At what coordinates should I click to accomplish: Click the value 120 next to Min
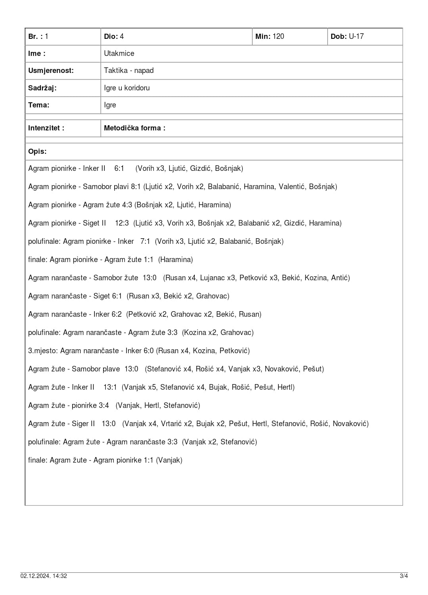(x=278, y=36)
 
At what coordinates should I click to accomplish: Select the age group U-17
(x=356, y=36)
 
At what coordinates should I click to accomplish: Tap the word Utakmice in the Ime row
(x=119, y=54)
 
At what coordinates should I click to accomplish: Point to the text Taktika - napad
(x=129, y=71)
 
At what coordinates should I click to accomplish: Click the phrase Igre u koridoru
(x=127, y=88)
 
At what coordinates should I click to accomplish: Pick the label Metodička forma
(x=134, y=128)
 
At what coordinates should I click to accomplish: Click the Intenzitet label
(x=46, y=128)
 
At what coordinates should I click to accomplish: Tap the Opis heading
(x=37, y=151)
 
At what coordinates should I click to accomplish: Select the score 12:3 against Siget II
(x=122, y=223)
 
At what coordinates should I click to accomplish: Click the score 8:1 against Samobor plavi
(x=136, y=187)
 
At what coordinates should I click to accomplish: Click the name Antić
(x=340, y=278)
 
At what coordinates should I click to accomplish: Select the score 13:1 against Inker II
(x=110, y=387)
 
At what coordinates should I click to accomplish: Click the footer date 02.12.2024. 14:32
(x=44, y=576)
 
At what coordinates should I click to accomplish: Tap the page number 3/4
(x=403, y=576)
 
